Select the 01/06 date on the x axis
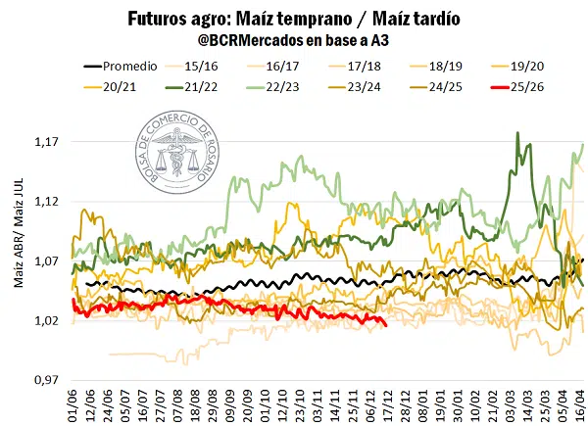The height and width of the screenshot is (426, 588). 73,403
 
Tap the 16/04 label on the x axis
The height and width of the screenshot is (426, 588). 581,403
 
